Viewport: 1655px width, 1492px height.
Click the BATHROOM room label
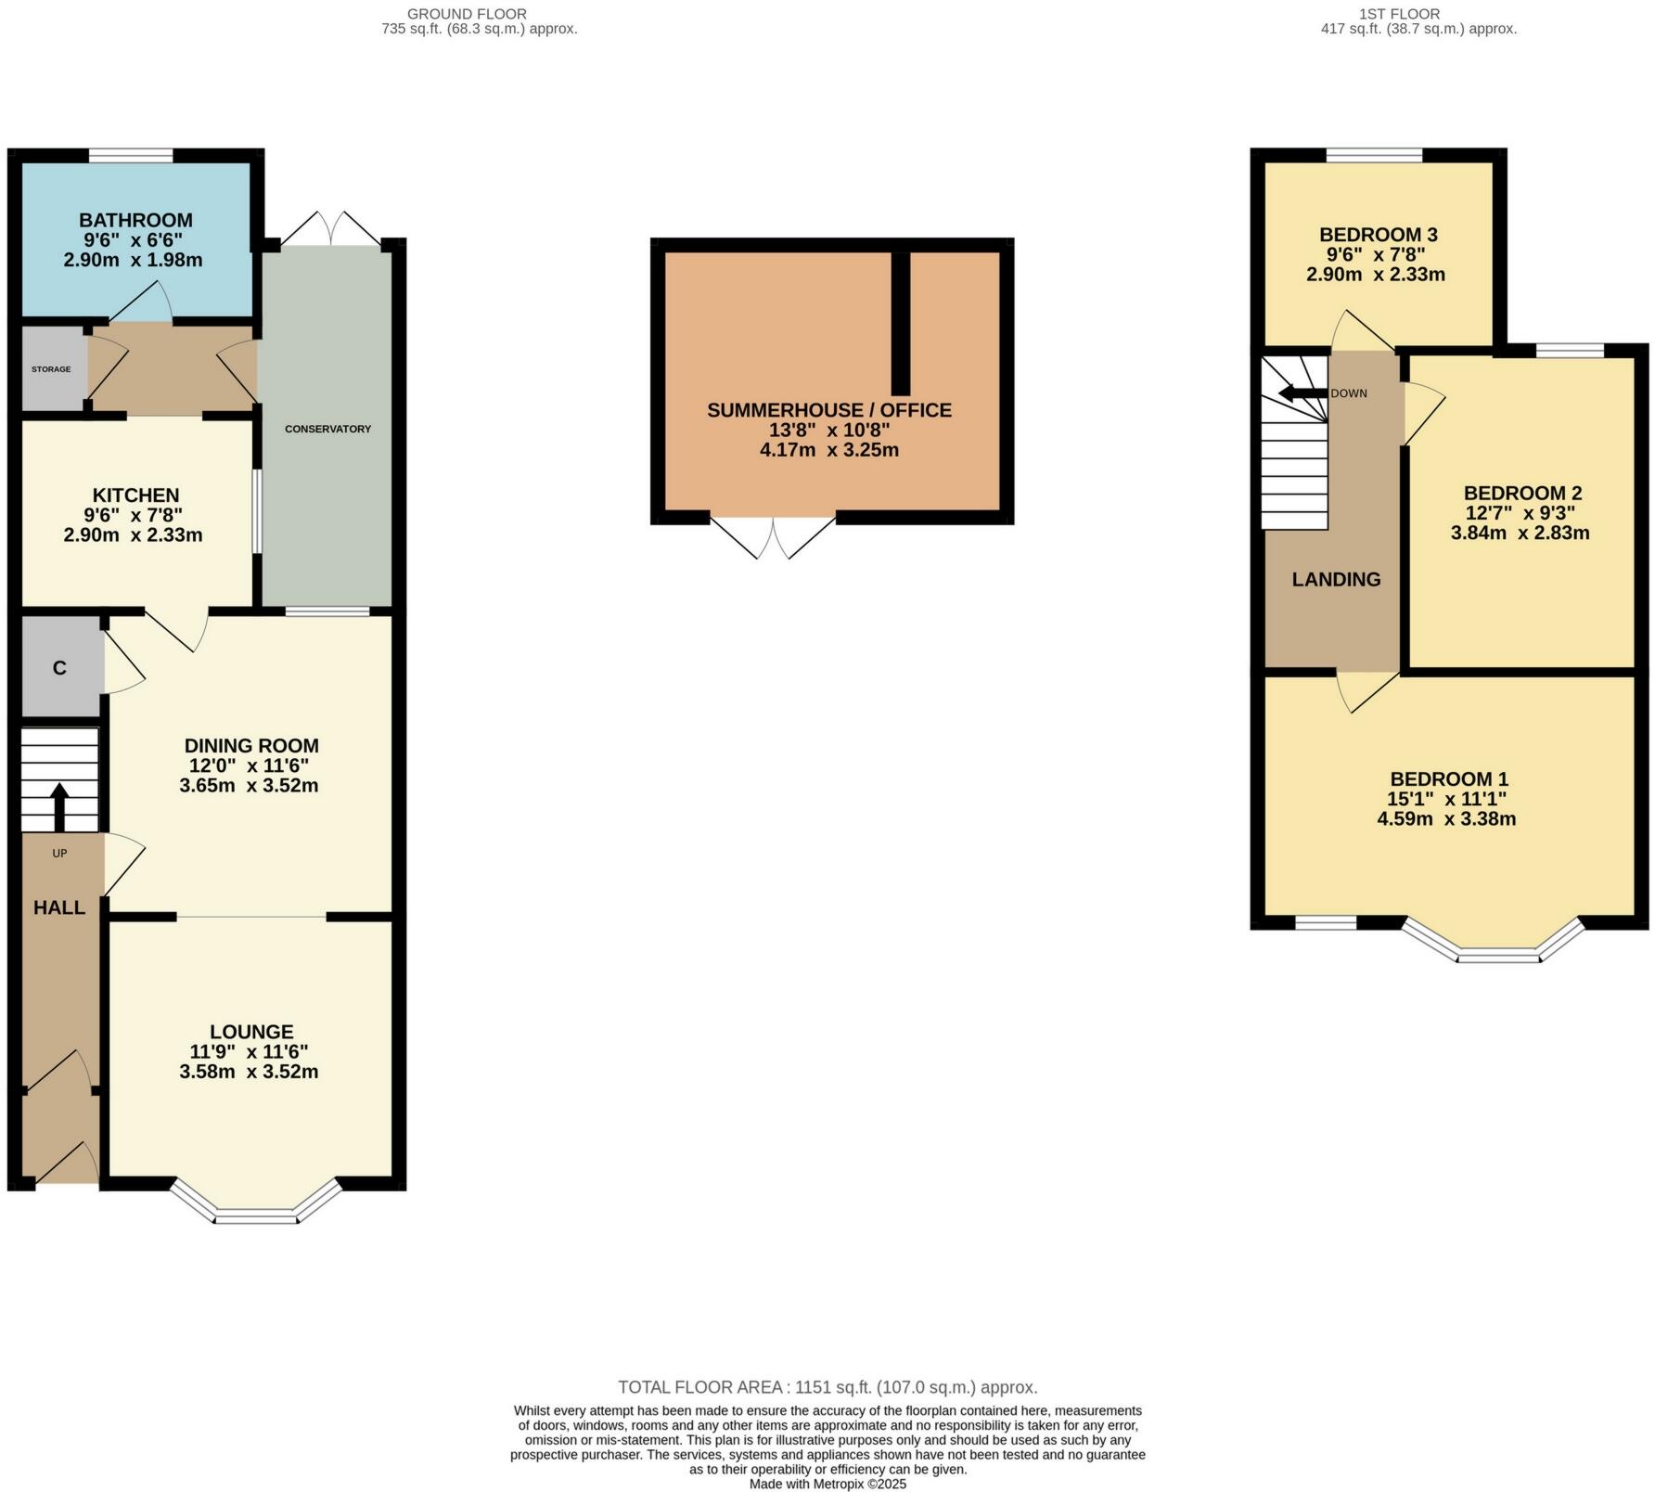click(135, 220)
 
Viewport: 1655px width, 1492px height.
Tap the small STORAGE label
click(51, 369)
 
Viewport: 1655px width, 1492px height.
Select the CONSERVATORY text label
click(327, 429)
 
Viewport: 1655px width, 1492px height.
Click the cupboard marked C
click(59, 668)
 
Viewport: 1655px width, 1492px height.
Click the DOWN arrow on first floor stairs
click(1302, 393)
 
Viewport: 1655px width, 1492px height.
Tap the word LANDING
click(1336, 579)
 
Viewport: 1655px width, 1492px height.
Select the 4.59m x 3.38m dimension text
click(1446, 818)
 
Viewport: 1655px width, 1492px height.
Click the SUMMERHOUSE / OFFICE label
click(829, 410)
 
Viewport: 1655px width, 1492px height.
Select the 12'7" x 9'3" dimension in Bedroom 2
click(1520, 512)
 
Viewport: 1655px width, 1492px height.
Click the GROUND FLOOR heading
click(467, 14)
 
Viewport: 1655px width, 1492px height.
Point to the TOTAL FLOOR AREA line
click(827, 1387)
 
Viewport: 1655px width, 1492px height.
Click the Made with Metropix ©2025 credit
click(827, 1484)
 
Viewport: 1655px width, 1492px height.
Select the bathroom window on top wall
click(131, 155)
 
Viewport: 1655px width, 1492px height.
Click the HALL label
click(59, 907)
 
